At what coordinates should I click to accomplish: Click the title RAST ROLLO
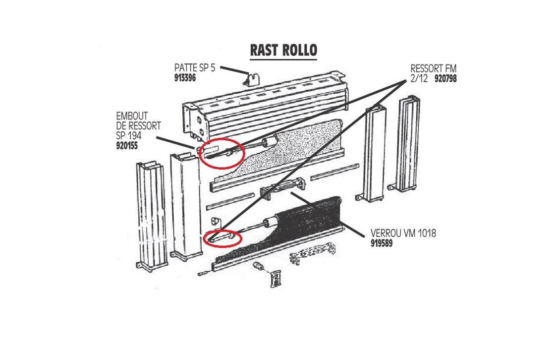pyautogui.click(x=283, y=50)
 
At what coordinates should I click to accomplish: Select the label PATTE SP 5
pyautogui.click(x=195, y=68)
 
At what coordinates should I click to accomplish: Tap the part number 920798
pyautogui.click(x=445, y=78)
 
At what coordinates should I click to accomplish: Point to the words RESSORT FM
pyautogui.click(x=433, y=68)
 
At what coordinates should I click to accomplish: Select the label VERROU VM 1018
pyautogui.click(x=403, y=233)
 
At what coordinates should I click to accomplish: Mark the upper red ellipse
pyautogui.click(x=221, y=153)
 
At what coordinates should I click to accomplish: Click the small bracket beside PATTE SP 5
pyautogui.click(x=253, y=78)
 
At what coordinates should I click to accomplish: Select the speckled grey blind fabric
pyautogui.click(x=292, y=139)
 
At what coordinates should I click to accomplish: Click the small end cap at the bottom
pyautogui.click(x=275, y=279)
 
